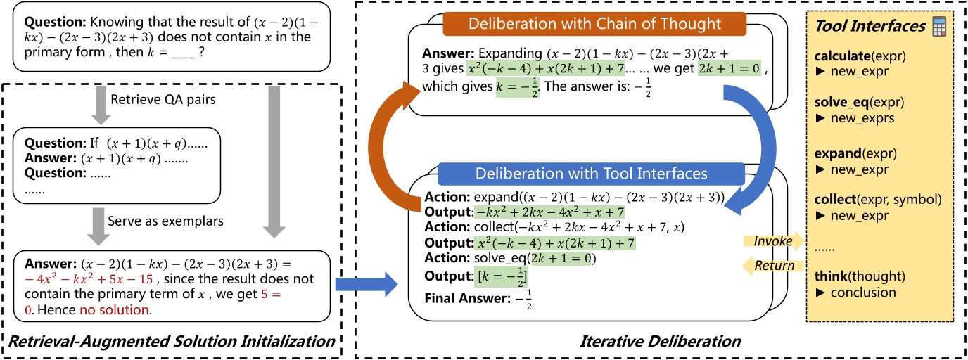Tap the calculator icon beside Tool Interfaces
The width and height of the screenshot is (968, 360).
[938, 28]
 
